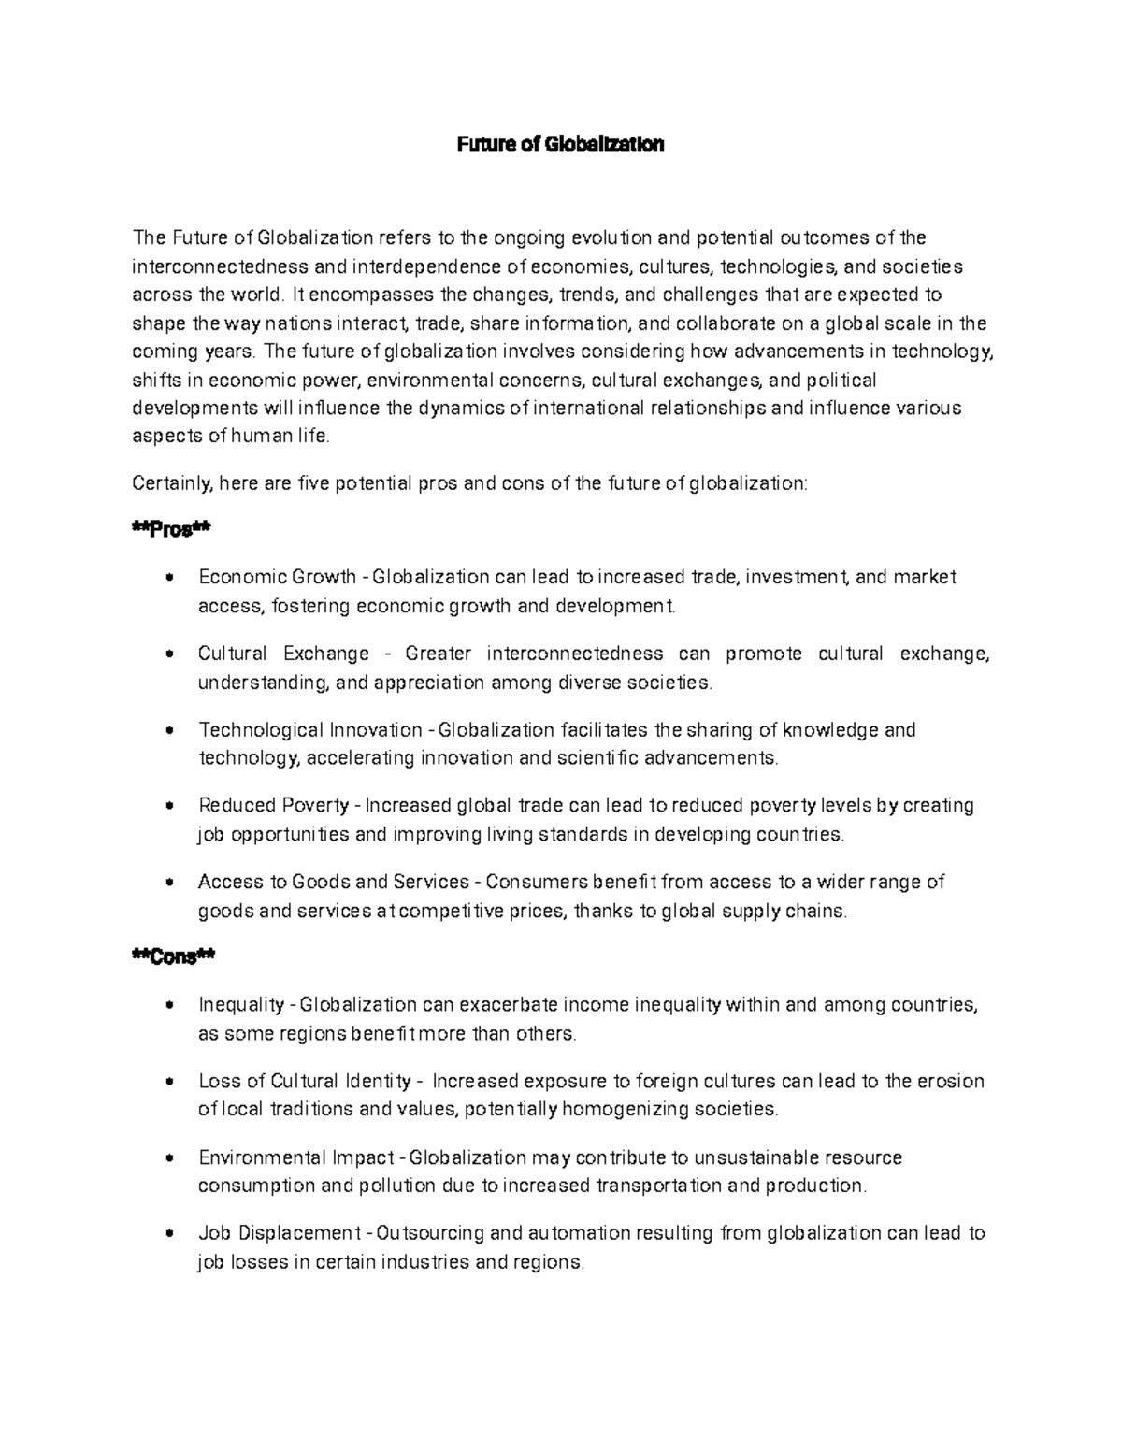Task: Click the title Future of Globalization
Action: pos(560,145)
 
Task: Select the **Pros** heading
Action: pos(172,530)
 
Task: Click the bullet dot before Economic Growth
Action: pos(169,578)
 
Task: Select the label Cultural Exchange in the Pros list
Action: pos(283,654)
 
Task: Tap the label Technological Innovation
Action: pos(310,729)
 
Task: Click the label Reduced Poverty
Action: pos(274,805)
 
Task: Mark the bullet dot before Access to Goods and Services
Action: pos(169,882)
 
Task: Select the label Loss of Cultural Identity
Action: pos(305,1082)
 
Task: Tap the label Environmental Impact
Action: pos(296,1157)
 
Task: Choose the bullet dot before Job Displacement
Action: pos(169,1234)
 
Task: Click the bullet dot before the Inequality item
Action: pos(169,1006)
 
